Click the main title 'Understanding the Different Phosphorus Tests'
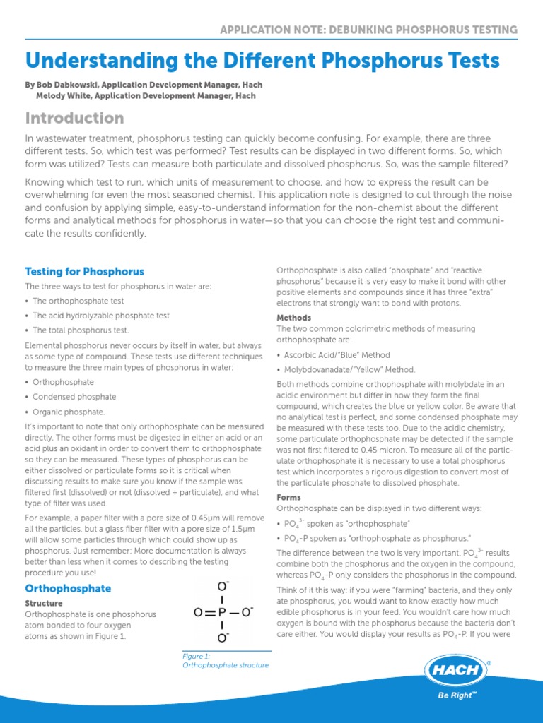point(262,61)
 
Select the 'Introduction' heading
point(74,118)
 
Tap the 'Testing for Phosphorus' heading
point(84,271)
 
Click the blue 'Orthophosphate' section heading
point(68,588)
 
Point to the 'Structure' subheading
point(44,603)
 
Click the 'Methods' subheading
point(293,318)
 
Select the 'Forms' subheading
point(289,497)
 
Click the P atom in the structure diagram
point(221,612)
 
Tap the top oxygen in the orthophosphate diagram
point(222,586)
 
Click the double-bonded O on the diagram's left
point(199,612)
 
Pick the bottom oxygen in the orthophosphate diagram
point(222,639)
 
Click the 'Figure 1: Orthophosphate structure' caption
point(225,660)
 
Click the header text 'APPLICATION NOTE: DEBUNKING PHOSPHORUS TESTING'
point(368,30)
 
